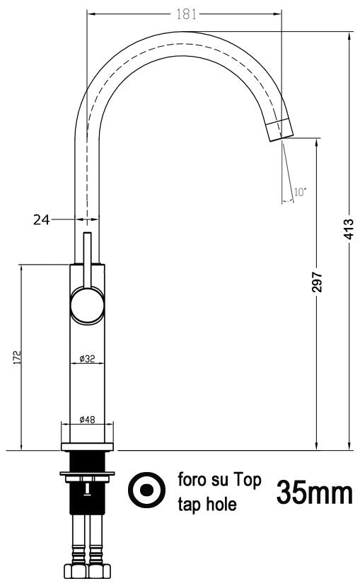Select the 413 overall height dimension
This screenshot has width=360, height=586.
(x=349, y=230)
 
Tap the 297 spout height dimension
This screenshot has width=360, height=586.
(x=318, y=282)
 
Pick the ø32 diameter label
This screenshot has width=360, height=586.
(x=87, y=360)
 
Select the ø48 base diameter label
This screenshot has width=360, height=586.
(x=87, y=420)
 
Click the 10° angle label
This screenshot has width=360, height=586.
(x=300, y=192)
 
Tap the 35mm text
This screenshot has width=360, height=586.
(x=314, y=491)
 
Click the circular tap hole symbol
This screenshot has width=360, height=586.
(x=146, y=490)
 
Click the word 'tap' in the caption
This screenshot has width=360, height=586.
(x=189, y=506)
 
